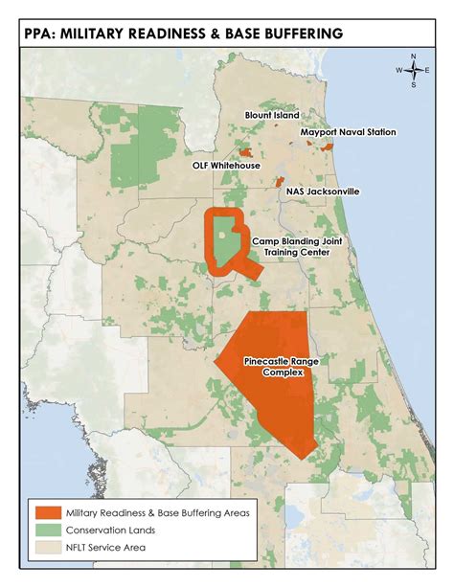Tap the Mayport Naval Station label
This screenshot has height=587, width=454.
pos(347,132)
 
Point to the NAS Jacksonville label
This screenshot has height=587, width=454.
pos(323,192)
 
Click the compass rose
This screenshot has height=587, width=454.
pos(413,70)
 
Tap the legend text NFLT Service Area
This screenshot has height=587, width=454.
pos(108,549)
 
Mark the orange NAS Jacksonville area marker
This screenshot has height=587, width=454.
pos(280,181)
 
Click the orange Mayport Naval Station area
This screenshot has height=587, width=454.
pos(328,147)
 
